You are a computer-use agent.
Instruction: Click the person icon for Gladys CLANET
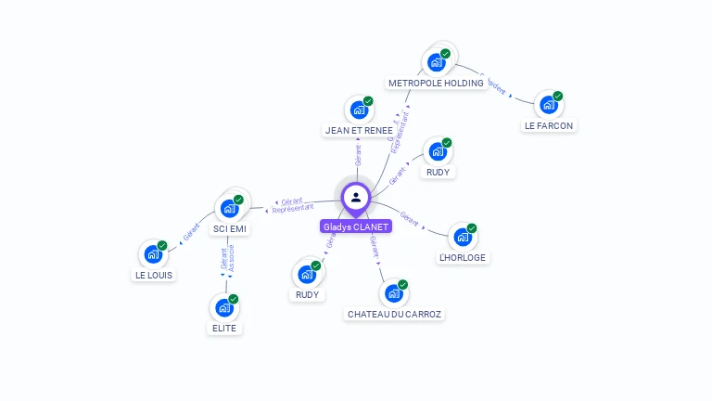click(356, 198)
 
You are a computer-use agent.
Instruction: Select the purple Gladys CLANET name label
click(356, 226)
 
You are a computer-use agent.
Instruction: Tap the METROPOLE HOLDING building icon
click(435, 63)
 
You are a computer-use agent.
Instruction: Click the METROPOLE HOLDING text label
click(436, 83)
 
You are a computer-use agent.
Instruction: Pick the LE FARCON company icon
click(547, 105)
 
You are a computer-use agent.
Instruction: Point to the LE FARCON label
click(549, 125)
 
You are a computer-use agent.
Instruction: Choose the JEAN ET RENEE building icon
click(358, 110)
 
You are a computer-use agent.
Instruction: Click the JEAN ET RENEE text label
click(359, 131)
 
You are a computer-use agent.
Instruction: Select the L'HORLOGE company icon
click(462, 237)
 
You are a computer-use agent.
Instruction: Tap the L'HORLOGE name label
click(462, 257)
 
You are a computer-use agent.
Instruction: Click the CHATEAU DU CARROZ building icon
click(393, 293)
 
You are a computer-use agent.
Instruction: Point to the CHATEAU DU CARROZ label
click(395, 314)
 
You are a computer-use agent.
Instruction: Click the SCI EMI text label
click(229, 228)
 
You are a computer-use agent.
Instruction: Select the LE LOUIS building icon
click(152, 254)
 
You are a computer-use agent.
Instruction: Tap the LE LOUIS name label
click(153, 275)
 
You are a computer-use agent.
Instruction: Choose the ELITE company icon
click(223, 307)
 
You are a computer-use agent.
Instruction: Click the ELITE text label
click(224, 328)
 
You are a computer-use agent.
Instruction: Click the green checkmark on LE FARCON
click(558, 97)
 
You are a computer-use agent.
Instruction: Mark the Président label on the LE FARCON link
click(495, 86)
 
